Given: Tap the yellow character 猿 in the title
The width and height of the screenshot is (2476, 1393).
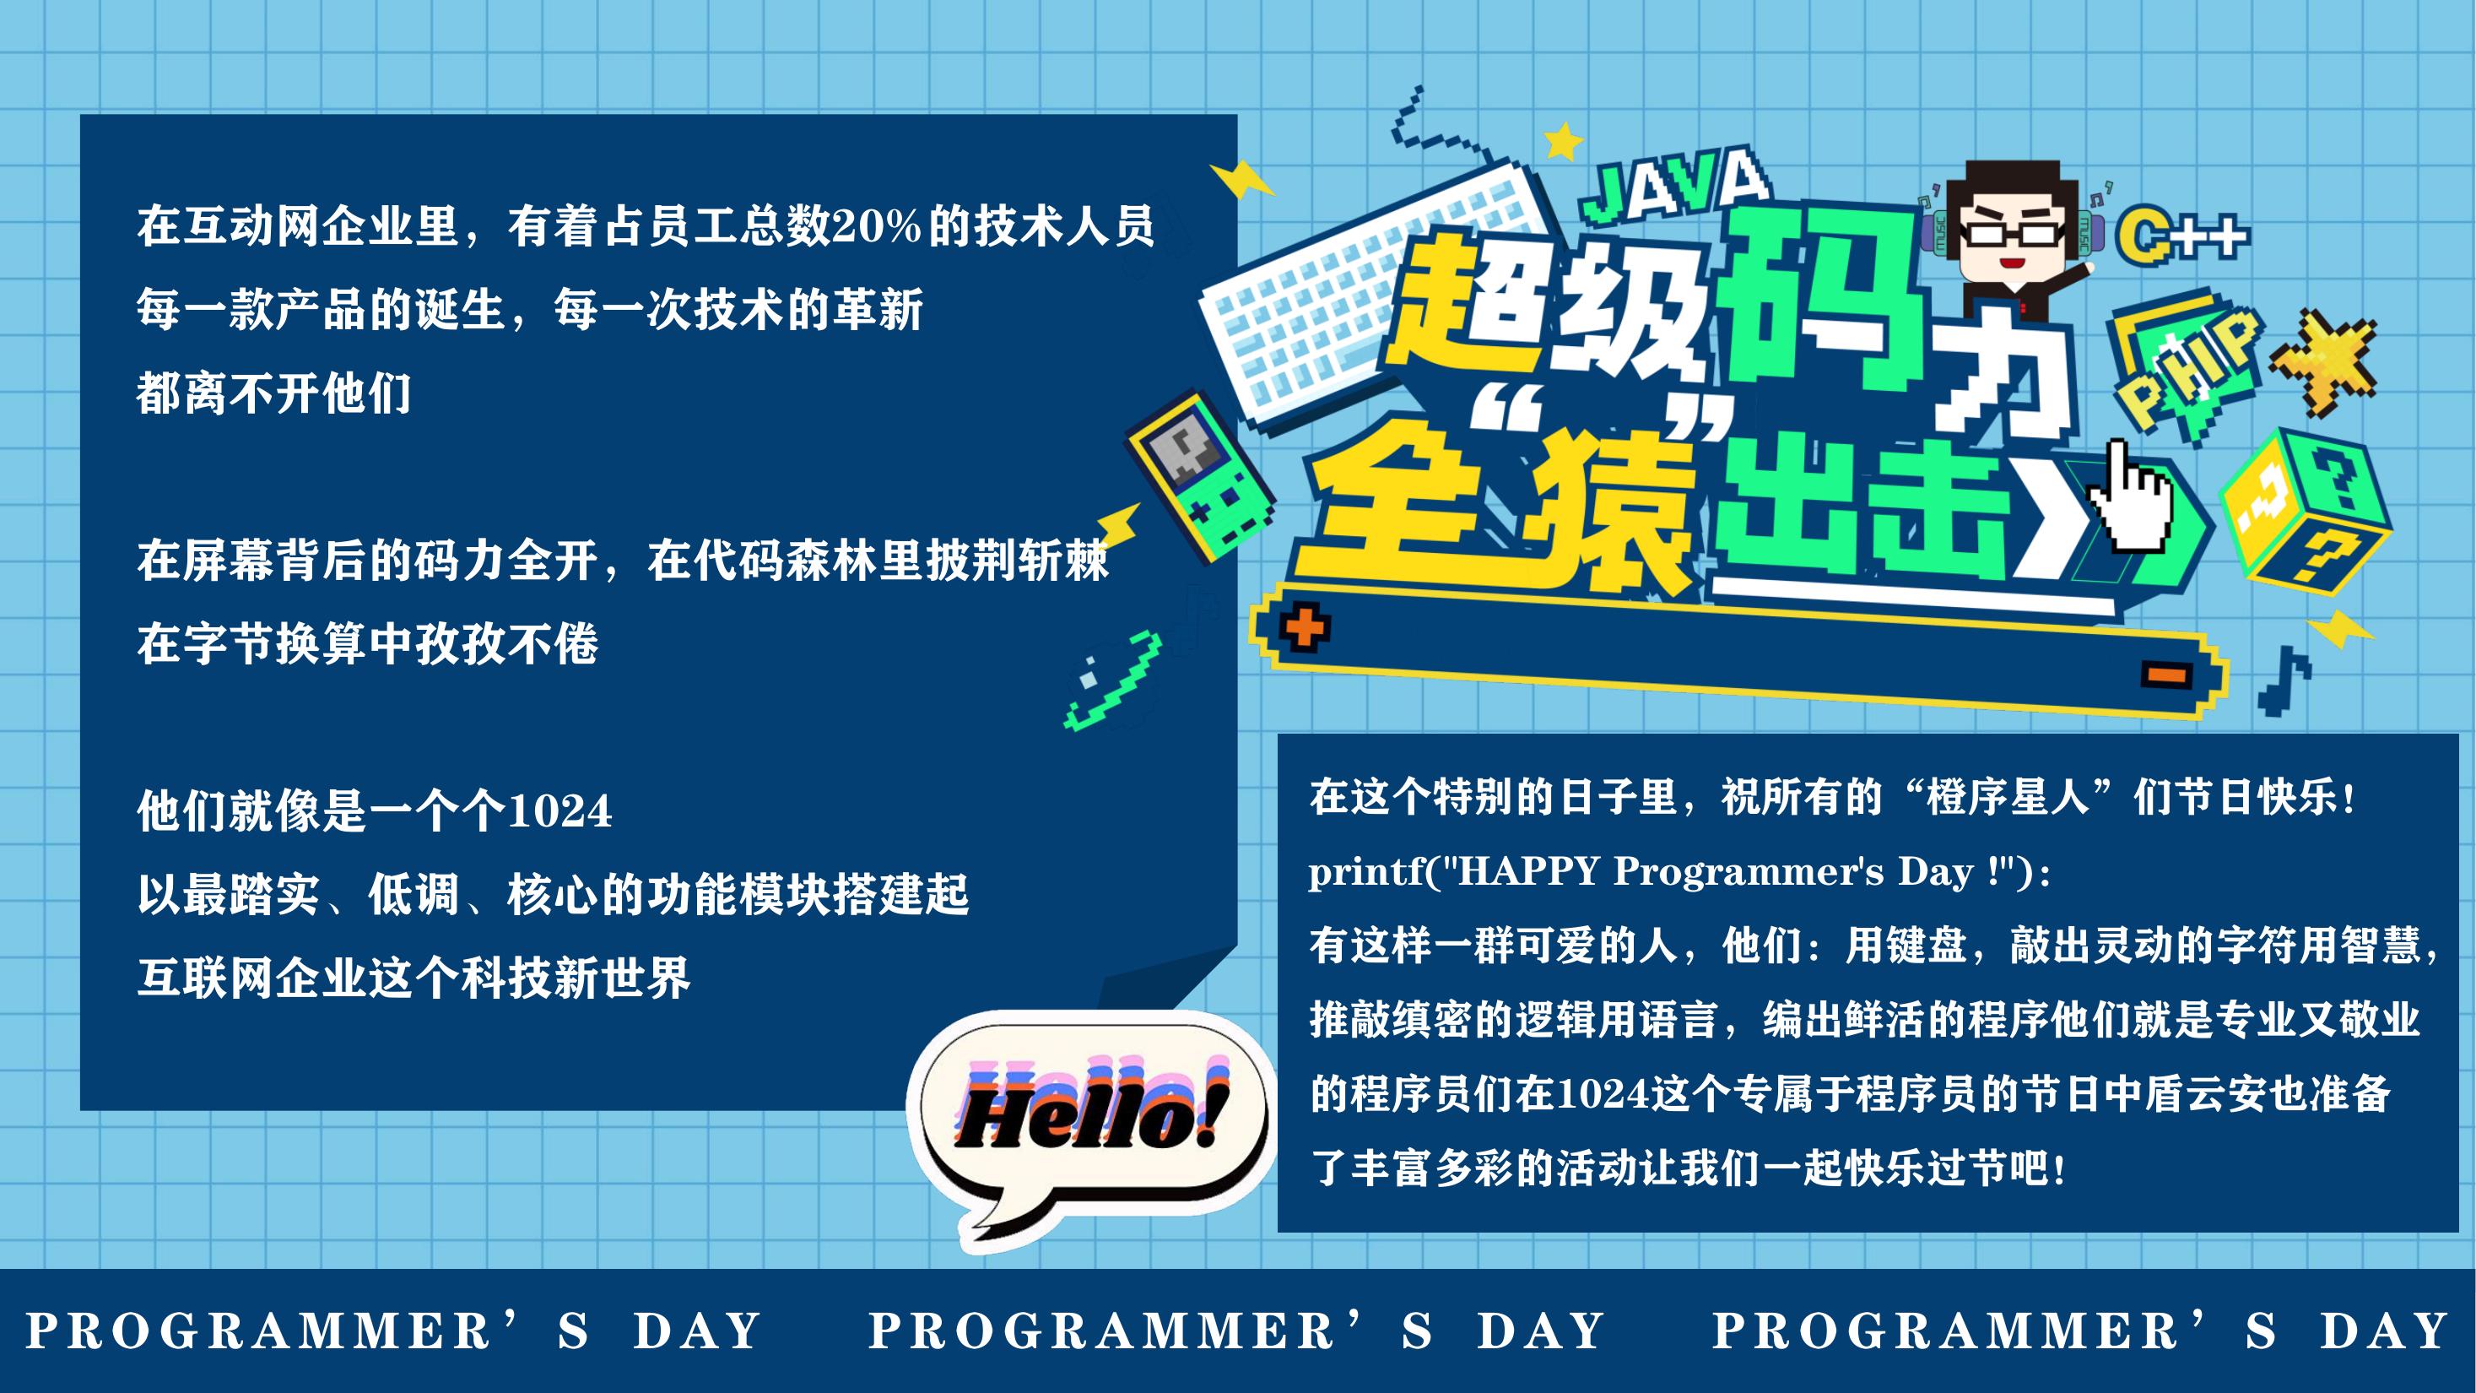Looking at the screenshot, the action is [1614, 510].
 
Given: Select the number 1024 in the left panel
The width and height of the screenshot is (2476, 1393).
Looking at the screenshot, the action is [559, 811].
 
